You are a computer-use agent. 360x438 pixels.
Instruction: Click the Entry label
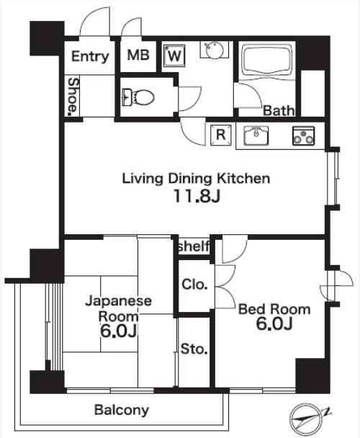(x=90, y=56)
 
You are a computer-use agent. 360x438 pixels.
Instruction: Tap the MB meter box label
(x=138, y=55)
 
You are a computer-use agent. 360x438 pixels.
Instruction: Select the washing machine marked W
(x=174, y=55)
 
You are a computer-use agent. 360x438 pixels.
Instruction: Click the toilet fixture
(x=138, y=97)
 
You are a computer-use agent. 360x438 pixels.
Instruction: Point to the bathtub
(x=266, y=61)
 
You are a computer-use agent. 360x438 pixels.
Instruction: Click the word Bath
(x=279, y=111)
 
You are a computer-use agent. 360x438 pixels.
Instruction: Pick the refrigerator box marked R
(x=221, y=135)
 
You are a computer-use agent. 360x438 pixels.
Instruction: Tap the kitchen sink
(x=256, y=135)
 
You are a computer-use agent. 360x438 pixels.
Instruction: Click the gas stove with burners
(x=303, y=135)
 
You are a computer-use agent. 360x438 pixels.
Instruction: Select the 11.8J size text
(x=197, y=196)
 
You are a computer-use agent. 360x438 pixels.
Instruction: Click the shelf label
(x=194, y=246)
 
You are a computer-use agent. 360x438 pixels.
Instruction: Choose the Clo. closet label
(x=194, y=285)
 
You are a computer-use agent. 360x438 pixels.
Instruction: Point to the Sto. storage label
(x=194, y=349)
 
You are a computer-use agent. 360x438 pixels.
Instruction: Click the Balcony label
(x=122, y=410)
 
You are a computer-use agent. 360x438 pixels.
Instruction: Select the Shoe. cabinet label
(x=73, y=97)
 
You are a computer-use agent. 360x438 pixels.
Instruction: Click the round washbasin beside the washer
(x=215, y=50)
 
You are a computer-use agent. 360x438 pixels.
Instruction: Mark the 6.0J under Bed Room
(x=274, y=324)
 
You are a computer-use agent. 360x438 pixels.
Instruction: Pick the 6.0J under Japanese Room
(x=118, y=331)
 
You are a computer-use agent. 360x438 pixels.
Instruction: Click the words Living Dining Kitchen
(x=196, y=179)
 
